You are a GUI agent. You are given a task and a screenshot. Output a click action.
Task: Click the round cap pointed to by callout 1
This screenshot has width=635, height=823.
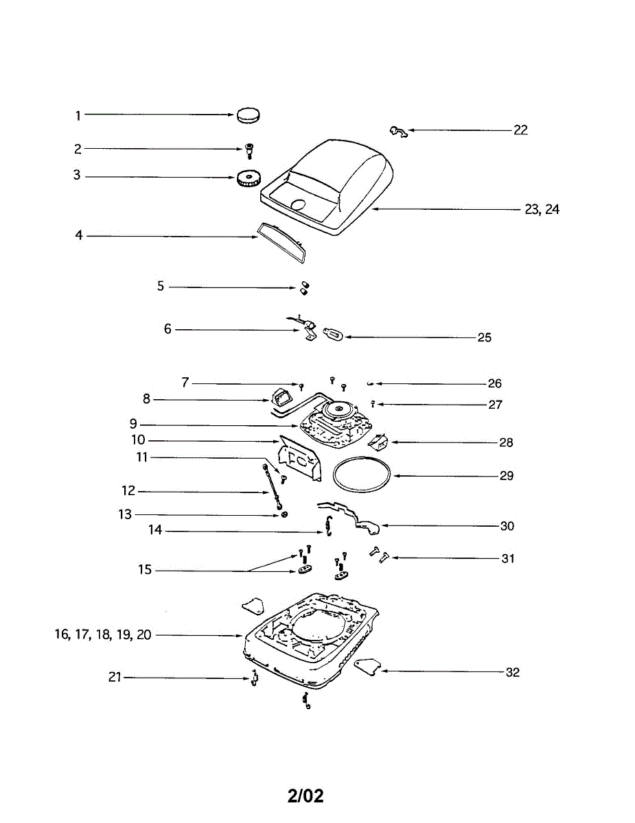click(x=250, y=116)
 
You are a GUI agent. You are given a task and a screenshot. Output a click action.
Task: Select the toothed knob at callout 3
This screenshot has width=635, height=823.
click(x=247, y=180)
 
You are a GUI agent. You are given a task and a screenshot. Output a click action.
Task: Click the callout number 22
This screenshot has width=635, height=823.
click(x=520, y=130)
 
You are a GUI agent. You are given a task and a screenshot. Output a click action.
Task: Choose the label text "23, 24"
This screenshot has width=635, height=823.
click(x=542, y=210)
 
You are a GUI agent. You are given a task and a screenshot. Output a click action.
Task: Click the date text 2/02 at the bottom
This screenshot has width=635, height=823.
click(x=305, y=796)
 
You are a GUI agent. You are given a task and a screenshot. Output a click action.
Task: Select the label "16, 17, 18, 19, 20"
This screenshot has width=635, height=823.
click(x=103, y=635)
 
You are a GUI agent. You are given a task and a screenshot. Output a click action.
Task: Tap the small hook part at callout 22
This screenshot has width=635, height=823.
click(x=398, y=130)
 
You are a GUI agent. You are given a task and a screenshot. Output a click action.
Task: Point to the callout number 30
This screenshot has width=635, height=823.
click(x=507, y=526)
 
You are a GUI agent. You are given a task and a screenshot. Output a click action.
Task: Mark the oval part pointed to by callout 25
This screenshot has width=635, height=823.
click(x=332, y=335)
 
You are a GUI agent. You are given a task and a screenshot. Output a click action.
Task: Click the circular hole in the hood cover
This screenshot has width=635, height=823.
click(x=299, y=204)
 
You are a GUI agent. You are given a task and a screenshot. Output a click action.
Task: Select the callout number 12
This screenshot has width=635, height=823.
click(x=128, y=491)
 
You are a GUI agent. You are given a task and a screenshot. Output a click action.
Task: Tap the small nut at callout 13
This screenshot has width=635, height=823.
click(x=284, y=514)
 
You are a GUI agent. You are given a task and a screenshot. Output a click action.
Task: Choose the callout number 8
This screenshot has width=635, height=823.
click(x=146, y=399)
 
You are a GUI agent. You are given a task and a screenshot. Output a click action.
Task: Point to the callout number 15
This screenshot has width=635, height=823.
click(x=145, y=570)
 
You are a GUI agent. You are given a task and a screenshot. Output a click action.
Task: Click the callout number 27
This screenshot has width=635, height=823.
click(x=495, y=405)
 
